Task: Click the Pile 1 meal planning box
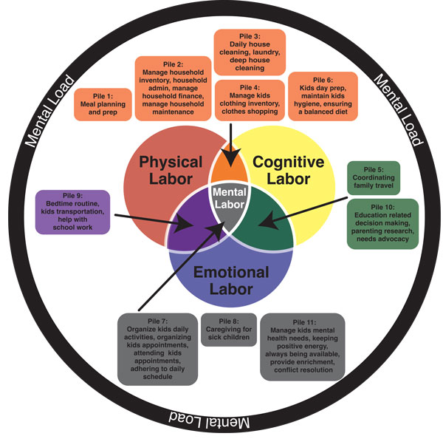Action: click(103, 104)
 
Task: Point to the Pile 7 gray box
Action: click(155, 348)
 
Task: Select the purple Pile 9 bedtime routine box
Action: click(72, 211)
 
